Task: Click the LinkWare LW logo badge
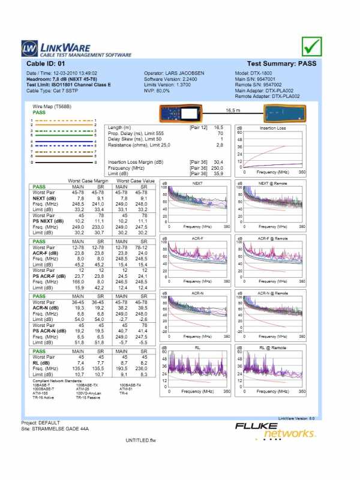coord(29,48)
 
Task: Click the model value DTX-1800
coord(260,73)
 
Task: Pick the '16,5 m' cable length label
coord(233,110)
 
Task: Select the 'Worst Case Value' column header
coord(136,181)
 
